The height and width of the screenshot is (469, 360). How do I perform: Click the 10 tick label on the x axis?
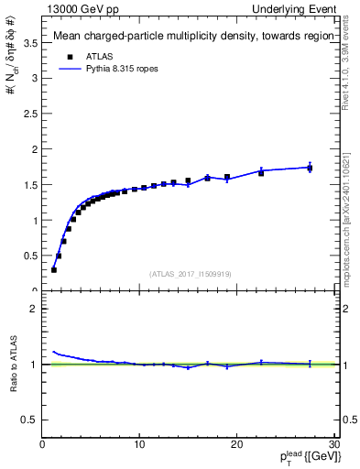tap(139, 444)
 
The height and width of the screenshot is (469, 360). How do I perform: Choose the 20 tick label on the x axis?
tap(236, 444)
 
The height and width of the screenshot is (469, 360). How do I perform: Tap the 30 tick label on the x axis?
tap(333, 444)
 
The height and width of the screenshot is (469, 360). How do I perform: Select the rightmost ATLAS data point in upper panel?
tap(310, 168)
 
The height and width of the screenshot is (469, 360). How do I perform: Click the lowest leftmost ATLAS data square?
tap(54, 269)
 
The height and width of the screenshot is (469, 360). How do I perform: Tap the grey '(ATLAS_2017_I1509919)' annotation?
tap(190, 274)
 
